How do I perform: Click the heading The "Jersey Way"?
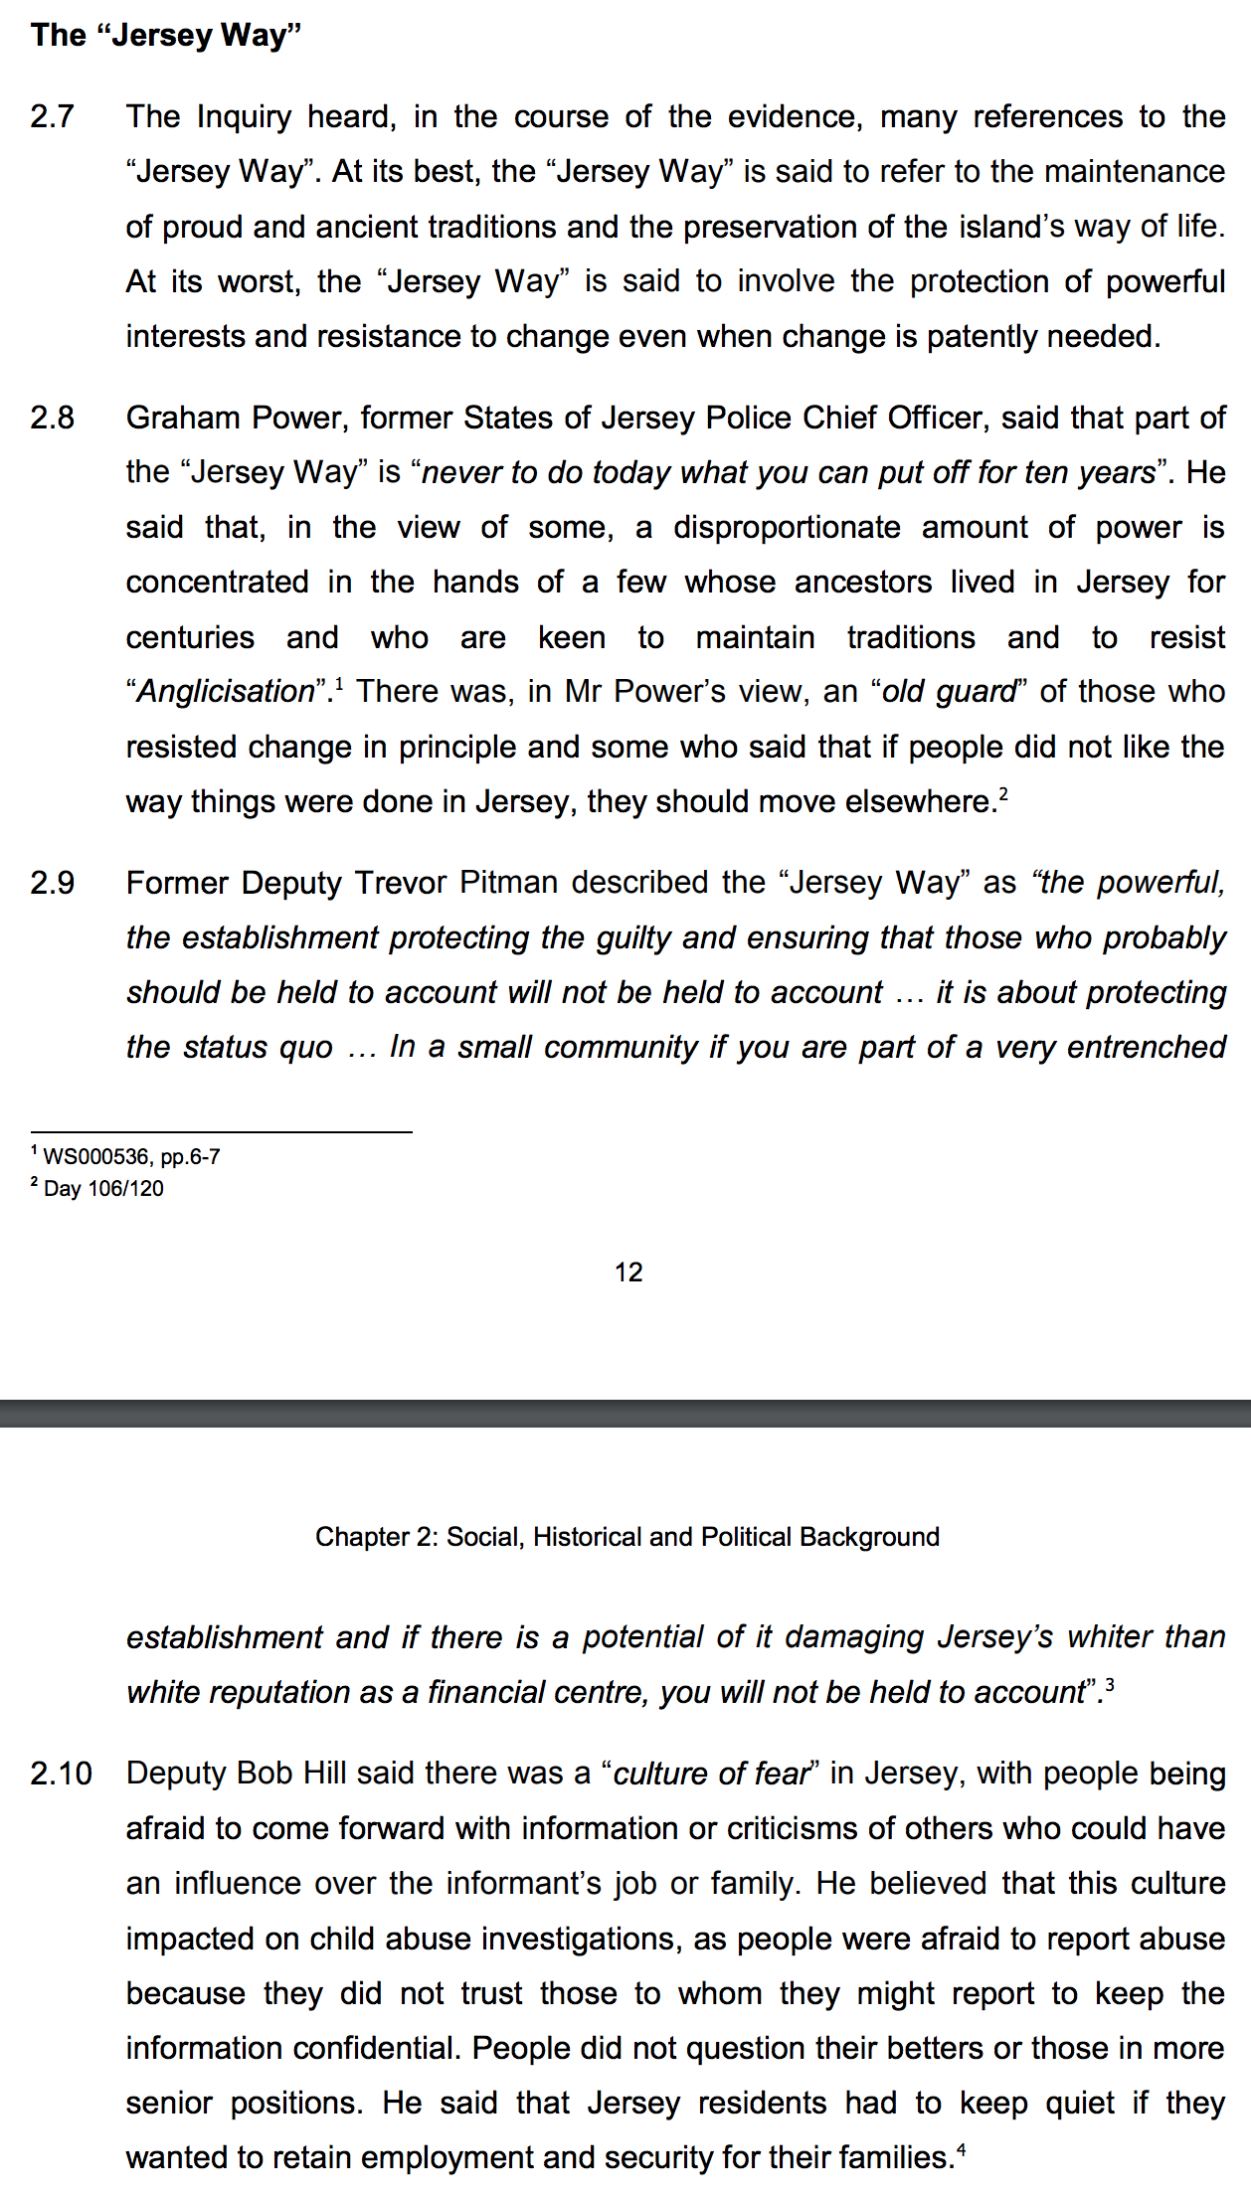coord(166,36)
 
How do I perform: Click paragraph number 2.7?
coord(53,117)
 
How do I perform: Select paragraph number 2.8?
coord(53,418)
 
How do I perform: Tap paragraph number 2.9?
coord(53,883)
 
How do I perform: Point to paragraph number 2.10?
coord(61,1774)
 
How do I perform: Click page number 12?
coord(628,1272)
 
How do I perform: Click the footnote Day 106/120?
coord(103,1189)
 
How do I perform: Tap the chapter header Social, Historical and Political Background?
coord(626,1537)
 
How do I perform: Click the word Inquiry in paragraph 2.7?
coord(244,117)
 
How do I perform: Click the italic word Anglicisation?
coord(226,692)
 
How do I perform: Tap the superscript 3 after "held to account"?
coord(1110,1684)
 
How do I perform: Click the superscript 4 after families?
coord(961,2149)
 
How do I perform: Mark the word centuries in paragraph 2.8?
coord(190,637)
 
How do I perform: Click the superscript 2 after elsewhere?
coord(1004,793)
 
